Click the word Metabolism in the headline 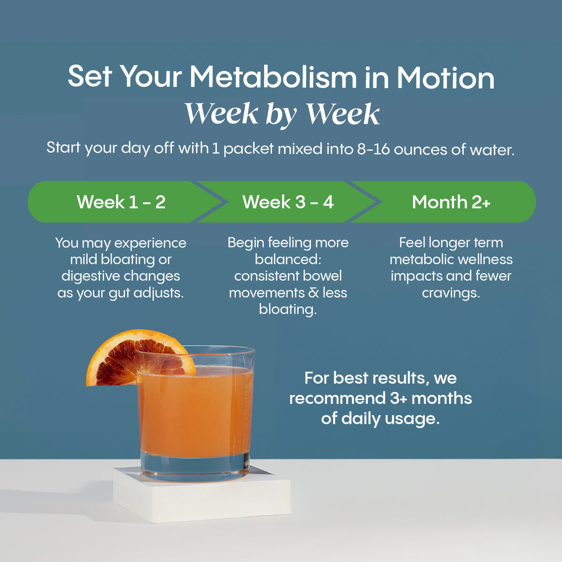click(x=273, y=77)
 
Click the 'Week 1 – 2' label click(x=121, y=202)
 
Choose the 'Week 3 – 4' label click(x=288, y=202)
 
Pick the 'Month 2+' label click(x=451, y=202)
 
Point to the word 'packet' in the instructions click(x=249, y=149)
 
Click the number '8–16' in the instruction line click(x=373, y=149)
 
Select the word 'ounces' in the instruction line click(x=420, y=150)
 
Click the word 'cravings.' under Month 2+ click(x=451, y=293)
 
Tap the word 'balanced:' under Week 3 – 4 click(x=288, y=259)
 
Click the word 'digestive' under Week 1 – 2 click(x=90, y=276)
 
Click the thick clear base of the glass click(x=195, y=466)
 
